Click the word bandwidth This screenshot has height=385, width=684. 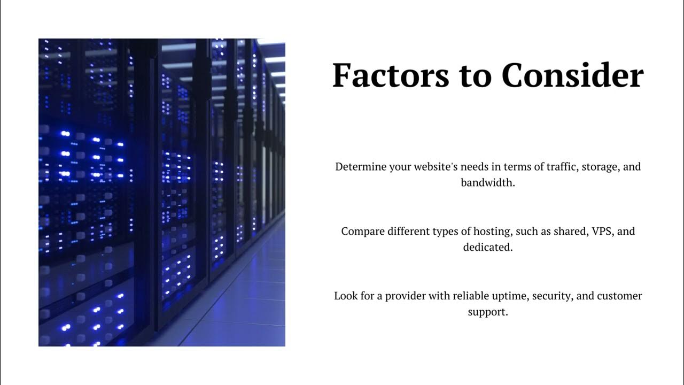[x=488, y=183]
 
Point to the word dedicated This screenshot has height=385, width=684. [x=488, y=247]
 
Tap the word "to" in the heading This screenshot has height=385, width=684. [x=476, y=76]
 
